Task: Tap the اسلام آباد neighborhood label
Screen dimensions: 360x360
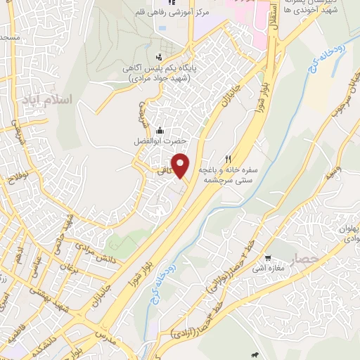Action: click(x=47, y=99)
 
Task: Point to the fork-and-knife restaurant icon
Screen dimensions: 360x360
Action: click(x=228, y=159)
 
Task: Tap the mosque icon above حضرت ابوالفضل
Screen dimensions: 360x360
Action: click(x=160, y=129)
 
